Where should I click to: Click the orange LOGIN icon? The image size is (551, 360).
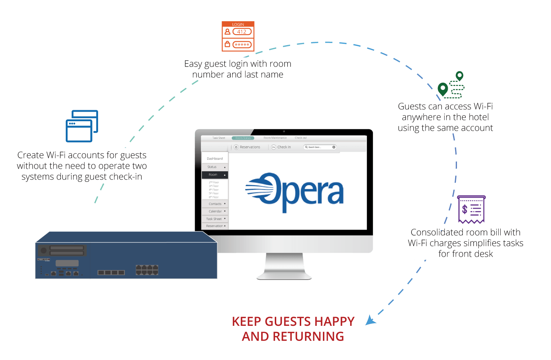[238, 36]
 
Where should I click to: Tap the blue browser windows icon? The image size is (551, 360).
[82, 126]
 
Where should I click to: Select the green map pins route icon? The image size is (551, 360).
[451, 85]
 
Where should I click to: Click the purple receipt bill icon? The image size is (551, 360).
[471, 209]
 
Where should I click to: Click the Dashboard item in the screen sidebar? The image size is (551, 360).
[215, 159]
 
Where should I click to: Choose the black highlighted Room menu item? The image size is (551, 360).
[215, 175]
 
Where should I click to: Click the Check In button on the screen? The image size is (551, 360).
[281, 147]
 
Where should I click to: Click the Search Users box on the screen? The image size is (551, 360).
[320, 147]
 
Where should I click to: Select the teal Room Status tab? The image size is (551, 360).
[243, 138]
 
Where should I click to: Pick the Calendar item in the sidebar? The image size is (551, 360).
[215, 211]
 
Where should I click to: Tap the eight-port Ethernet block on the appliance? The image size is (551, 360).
[147, 270]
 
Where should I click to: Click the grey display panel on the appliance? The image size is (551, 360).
[67, 263]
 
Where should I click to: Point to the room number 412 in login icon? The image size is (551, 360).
[242, 32]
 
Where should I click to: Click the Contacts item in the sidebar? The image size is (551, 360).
[215, 204]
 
